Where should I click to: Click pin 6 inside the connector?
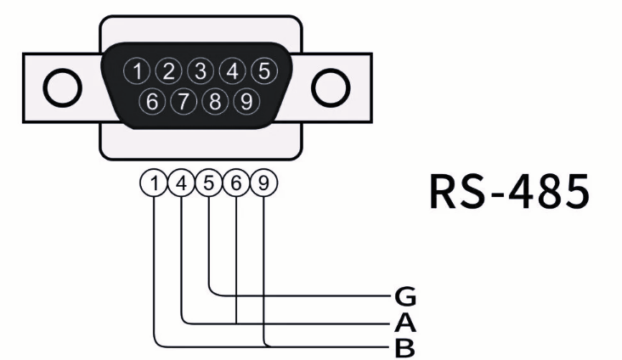(x=153, y=102)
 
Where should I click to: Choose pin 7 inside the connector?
(x=184, y=102)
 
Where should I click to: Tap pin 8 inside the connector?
(x=216, y=102)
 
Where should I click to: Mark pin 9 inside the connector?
(x=246, y=102)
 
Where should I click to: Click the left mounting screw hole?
(x=62, y=87)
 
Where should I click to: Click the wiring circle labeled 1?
(x=155, y=183)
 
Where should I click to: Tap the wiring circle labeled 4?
(x=182, y=183)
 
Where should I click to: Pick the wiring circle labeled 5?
(x=209, y=183)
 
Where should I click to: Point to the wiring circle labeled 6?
(x=236, y=183)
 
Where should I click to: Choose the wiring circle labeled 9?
(x=264, y=183)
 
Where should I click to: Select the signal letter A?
(x=405, y=323)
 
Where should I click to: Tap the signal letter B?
(x=405, y=346)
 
